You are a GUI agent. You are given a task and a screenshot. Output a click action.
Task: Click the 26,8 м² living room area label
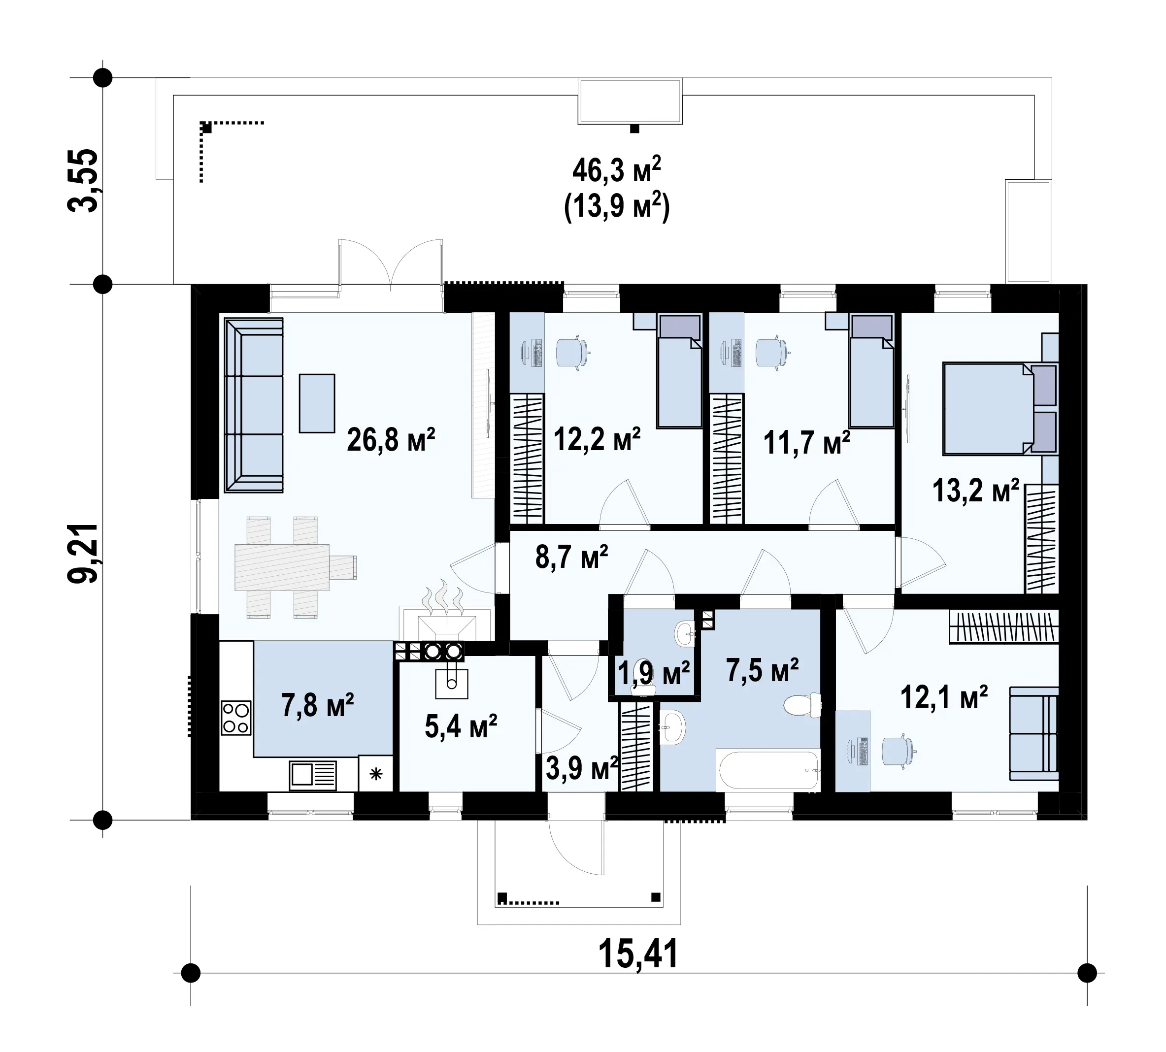point(391,440)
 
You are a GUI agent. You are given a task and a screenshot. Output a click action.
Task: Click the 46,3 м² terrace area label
point(616,170)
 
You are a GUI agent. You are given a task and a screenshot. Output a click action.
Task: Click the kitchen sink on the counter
point(312,775)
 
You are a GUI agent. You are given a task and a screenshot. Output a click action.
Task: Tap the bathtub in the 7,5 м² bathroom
point(767,769)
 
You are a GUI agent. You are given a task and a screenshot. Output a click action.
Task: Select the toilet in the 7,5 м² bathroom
point(803,705)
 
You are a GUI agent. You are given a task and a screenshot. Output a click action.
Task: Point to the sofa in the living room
point(254,405)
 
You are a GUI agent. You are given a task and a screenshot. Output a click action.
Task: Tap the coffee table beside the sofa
point(317,403)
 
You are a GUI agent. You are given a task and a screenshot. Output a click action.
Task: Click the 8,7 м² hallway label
point(571,557)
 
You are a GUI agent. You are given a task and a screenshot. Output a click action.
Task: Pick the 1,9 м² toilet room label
point(653,672)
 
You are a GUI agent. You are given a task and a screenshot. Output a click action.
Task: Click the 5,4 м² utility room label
point(461,726)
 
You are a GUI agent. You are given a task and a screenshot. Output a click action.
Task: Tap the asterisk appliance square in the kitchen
point(376,773)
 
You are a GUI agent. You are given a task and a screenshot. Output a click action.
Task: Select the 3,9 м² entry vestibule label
point(582,768)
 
